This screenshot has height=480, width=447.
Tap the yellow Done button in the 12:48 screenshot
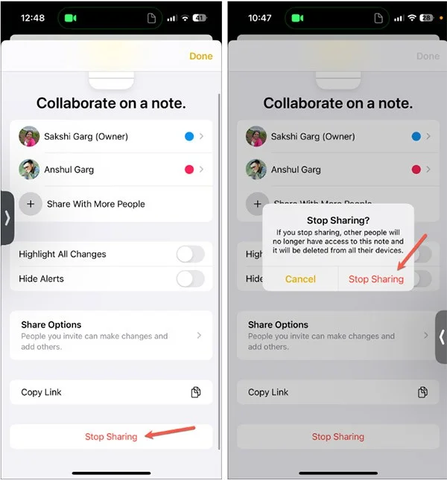(x=200, y=56)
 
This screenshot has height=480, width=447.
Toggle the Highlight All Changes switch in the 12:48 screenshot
(x=190, y=255)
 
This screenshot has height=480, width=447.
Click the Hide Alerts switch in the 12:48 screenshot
(x=190, y=279)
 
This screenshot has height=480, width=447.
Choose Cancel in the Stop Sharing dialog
(x=300, y=279)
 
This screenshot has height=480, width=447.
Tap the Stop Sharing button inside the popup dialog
(x=376, y=279)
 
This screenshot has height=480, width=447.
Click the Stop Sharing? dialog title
(x=338, y=220)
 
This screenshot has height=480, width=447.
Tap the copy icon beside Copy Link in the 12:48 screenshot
(x=196, y=392)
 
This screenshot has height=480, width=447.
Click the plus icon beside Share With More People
(x=31, y=204)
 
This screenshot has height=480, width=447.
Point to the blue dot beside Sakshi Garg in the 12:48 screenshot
(x=189, y=137)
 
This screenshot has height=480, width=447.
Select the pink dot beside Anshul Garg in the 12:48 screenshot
(x=189, y=170)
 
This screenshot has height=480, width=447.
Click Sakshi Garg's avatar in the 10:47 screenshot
(x=256, y=137)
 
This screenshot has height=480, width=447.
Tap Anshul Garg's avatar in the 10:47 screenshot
(x=256, y=170)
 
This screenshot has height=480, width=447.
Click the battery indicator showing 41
(x=200, y=18)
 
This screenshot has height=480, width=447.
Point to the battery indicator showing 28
(x=427, y=18)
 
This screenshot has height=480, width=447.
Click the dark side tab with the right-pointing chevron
(x=7, y=217)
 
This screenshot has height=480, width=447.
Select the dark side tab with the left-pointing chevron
(x=440, y=336)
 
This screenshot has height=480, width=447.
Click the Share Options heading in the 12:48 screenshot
(x=51, y=324)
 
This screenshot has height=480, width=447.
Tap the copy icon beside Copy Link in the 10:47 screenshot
(x=422, y=392)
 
